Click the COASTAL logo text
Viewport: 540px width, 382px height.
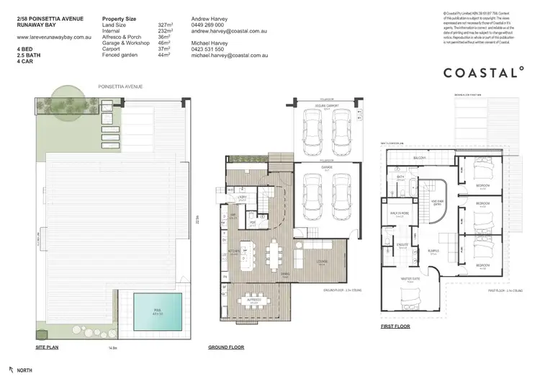pos(482,72)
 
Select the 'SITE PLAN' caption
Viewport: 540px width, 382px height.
pos(47,347)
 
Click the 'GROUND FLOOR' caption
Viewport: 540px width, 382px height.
pos(225,347)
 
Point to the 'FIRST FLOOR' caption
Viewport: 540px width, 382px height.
pos(396,326)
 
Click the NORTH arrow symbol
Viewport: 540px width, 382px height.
pos(10,370)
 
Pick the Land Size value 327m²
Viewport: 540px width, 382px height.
pos(167,25)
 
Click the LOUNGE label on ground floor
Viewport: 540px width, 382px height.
pos(322,262)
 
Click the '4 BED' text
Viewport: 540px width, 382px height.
pos(24,49)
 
